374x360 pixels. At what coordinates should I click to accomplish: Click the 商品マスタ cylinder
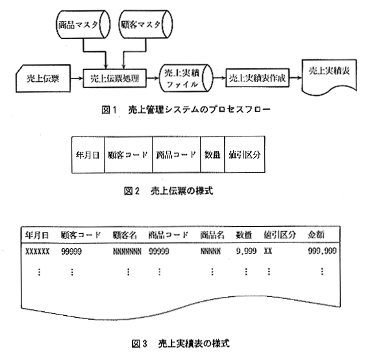pyautogui.click(x=83, y=24)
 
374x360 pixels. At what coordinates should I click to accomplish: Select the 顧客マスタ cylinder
pyautogui.click(x=145, y=24)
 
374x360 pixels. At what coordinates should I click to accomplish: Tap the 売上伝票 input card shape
pyautogui.click(x=43, y=78)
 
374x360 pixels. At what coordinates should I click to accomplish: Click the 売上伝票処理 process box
pyautogui.click(x=114, y=78)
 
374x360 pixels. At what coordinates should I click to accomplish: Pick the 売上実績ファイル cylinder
pyautogui.click(x=186, y=78)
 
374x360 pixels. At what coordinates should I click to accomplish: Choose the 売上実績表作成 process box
pyautogui.click(x=257, y=78)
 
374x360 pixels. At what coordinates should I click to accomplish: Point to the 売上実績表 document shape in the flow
pyautogui.click(x=329, y=77)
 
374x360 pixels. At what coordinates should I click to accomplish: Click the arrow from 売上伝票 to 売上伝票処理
pyautogui.click(x=77, y=78)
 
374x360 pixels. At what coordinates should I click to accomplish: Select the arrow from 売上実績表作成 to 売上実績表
pyautogui.click(x=295, y=78)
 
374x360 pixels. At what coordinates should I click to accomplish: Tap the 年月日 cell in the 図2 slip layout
pyautogui.click(x=88, y=155)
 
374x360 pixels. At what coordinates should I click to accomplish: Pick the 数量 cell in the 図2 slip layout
pyautogui.click(x=212, y=155)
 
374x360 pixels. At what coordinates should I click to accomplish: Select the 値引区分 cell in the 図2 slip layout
pyautogui.click(x=245, y=155)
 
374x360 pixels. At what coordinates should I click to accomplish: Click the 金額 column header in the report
pyautogui.click(x=316, y=235)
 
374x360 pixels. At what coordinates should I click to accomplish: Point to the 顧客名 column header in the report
pyautogui.click(x=125, y=235)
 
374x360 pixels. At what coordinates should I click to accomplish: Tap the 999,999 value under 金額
pyautogui.click(x=322, y=251)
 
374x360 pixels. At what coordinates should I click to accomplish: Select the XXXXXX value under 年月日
pyautogui.click(x=38, y=251)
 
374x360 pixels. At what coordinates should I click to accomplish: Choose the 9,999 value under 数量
pyautogui.click(x=246, y=251)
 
